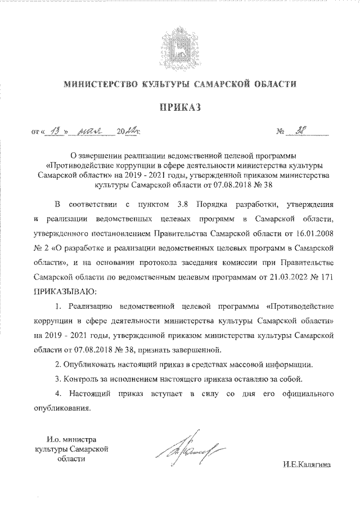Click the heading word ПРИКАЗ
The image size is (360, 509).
(179, 108)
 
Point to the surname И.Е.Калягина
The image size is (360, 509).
(307, 465)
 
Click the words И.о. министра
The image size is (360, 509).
(71, 439)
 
